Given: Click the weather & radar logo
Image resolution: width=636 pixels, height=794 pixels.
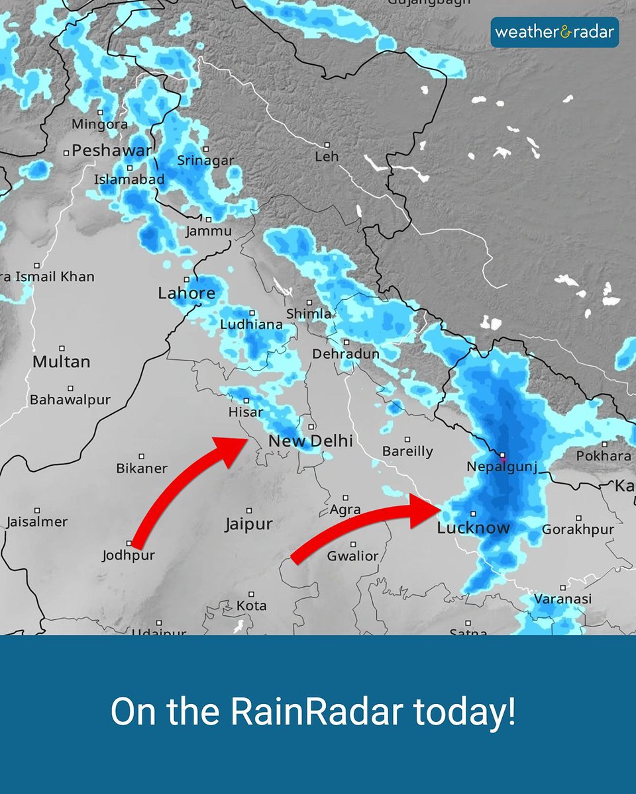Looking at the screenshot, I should (x=555, y=32).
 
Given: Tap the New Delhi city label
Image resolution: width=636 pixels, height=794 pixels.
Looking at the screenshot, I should (x=310, y=441).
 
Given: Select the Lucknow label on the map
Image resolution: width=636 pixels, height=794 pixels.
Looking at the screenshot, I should (x=474, y=528).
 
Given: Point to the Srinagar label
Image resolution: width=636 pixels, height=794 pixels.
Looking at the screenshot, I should (x=205, y=160).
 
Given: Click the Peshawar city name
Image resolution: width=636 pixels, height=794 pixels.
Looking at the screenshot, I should (x=111, y=151).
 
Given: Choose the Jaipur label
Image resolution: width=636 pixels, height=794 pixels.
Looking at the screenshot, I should (x=248, y=525).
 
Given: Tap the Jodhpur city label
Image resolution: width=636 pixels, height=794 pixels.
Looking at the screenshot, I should (x=129, y=555).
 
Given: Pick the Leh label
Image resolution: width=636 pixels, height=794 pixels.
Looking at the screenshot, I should (x=327, y=157).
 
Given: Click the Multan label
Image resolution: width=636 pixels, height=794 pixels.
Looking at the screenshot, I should (x=61, y=362).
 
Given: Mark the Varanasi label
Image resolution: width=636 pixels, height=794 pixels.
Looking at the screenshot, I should (x=562, y=599).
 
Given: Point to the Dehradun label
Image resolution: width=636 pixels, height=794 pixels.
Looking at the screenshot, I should (x=346, y=354).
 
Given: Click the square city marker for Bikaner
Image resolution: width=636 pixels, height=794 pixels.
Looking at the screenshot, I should (x=141, y=457).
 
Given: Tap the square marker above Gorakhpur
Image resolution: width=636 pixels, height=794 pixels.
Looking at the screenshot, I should (x=578, y=518).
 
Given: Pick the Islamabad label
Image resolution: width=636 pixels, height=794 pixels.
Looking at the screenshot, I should (x=129, y=179).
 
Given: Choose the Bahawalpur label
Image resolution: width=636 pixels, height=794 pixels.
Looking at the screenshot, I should (x=70, y=400).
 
